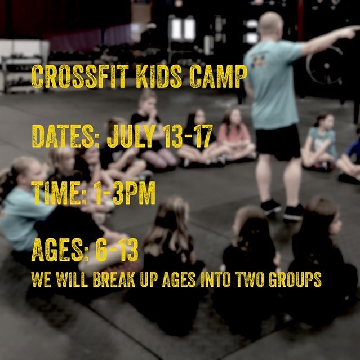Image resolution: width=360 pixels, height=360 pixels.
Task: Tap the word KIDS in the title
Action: pos(159,77)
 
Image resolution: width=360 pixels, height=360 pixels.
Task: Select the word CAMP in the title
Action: pos(219,77)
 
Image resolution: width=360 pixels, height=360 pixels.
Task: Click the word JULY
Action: pos(131,136)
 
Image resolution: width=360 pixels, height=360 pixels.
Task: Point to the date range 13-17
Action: pos(188,136)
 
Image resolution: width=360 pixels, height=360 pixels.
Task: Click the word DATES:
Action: pos(65,136)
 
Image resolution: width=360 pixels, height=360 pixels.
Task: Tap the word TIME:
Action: pos(59,193)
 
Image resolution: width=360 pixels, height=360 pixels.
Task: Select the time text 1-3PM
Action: pos(125,193)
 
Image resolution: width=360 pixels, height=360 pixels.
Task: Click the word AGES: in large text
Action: pos(60,250)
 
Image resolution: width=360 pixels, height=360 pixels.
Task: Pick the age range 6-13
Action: pos(117,250)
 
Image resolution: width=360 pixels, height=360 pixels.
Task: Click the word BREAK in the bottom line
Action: pos(114,279)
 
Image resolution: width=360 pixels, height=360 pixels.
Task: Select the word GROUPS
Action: pos(295,279)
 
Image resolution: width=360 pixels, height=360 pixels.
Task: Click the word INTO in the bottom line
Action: pos(216,279)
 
